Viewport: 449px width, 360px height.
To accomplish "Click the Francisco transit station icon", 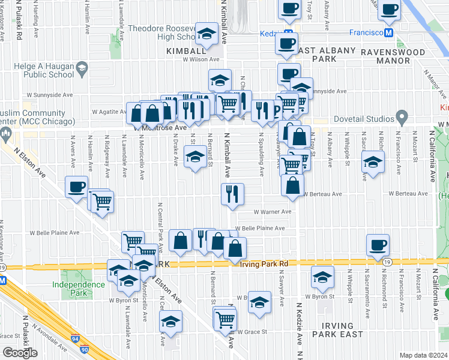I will pyautogui.click(x=389, y=32).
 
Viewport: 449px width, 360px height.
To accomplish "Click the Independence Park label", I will pyautogui.click(x=78, y=288).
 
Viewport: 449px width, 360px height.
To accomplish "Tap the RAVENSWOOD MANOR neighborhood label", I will pyautogui.click(x=401, y=52).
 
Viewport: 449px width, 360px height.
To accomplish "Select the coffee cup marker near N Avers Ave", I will pyautogui.click(x=76, y=187).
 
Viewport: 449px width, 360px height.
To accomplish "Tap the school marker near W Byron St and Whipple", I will pyautogui.click(x=322, y=277).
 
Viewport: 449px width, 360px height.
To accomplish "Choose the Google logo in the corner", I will pyautogui.click(x=20, y=353).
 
